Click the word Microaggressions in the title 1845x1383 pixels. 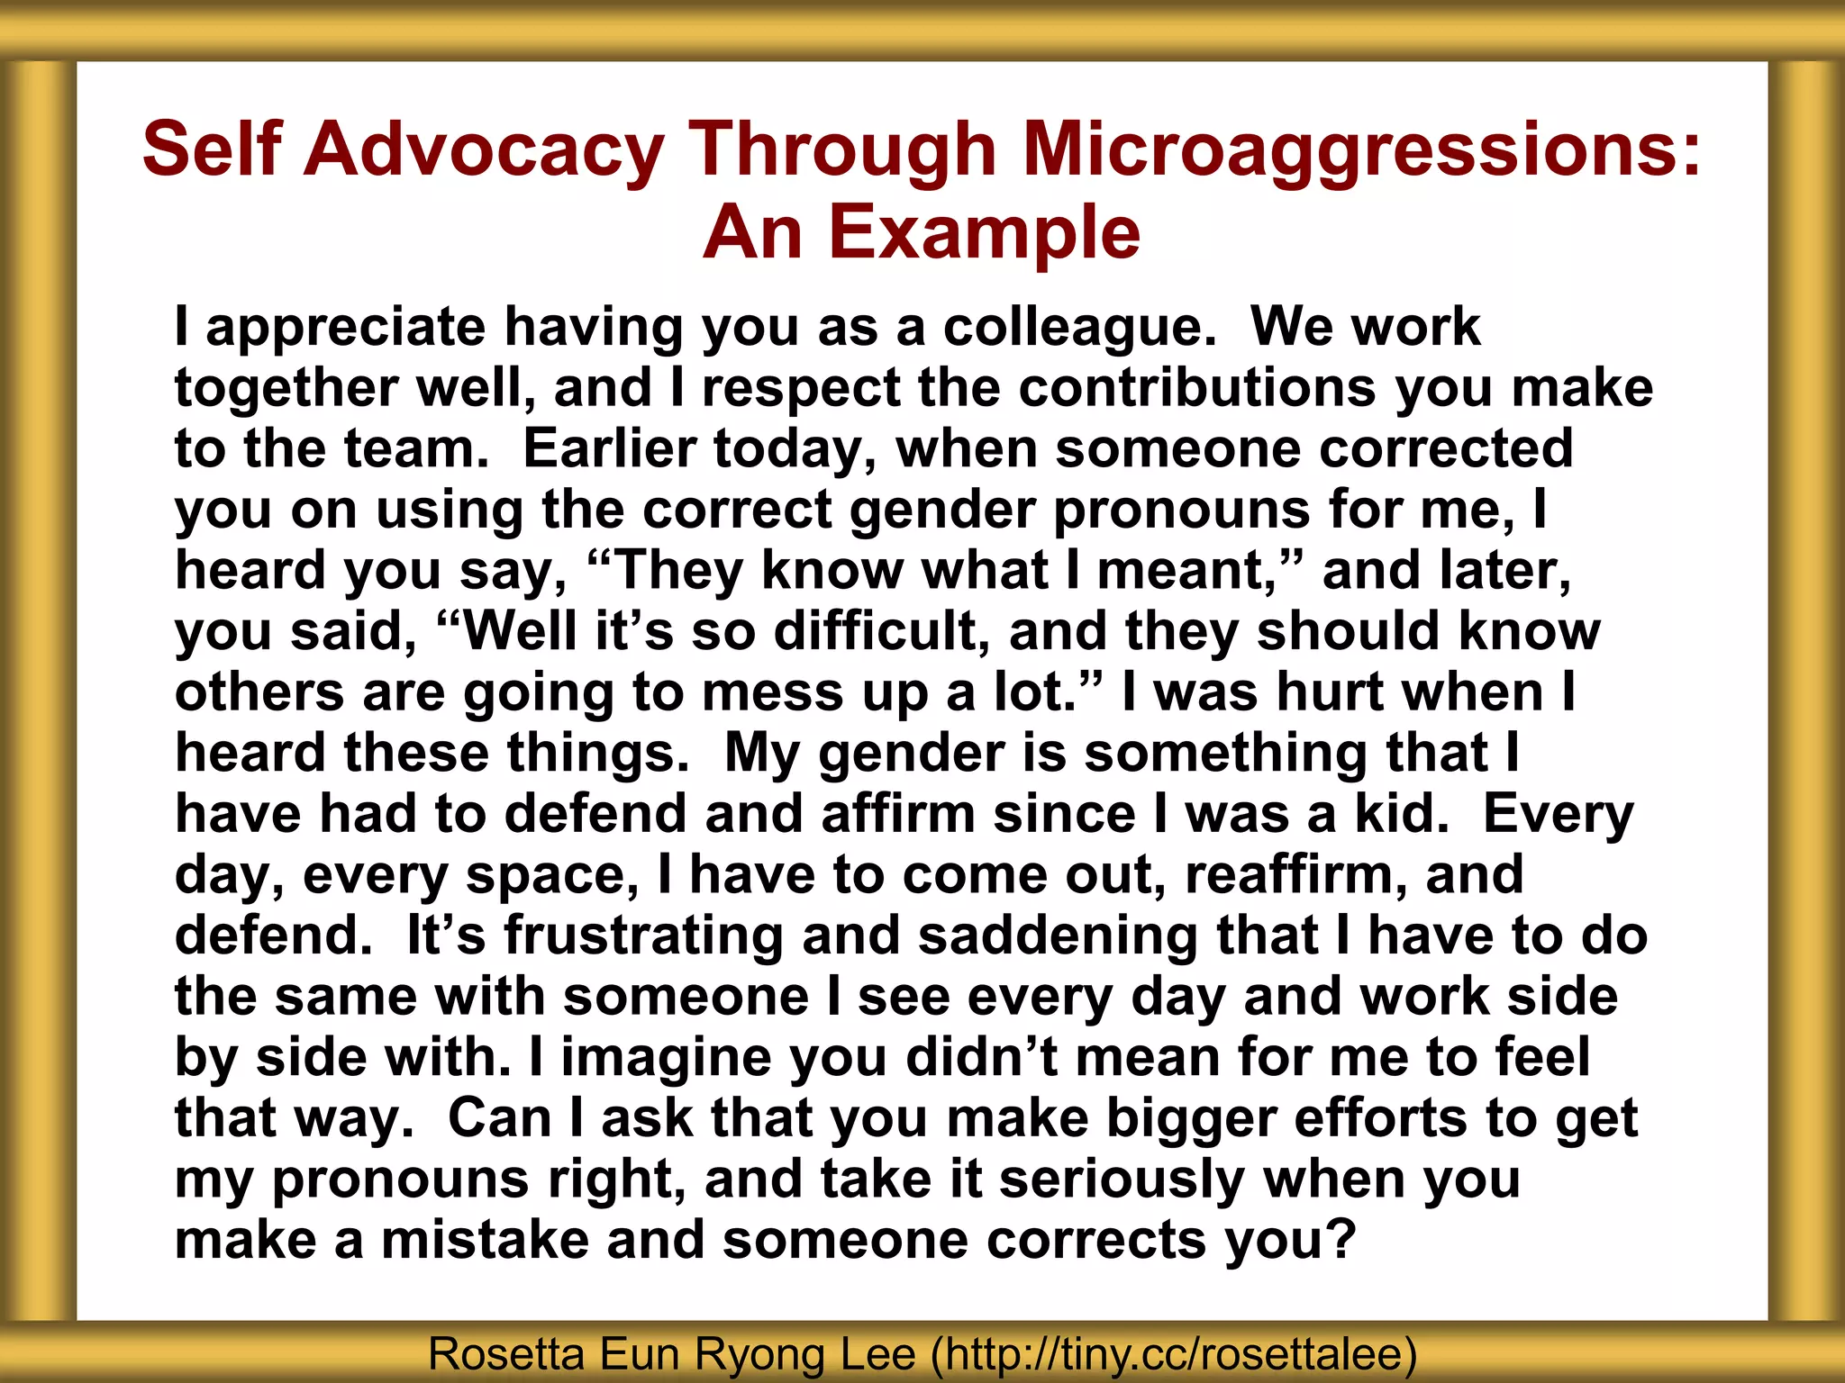(1362, 149)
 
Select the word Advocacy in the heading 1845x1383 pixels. (484, 149)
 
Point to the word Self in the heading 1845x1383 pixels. (212, 149)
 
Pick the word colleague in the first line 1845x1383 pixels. (1079, 327)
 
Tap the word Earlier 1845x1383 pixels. (610, 448)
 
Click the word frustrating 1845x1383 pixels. (643, 935)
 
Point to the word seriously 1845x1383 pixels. (1122, 1179)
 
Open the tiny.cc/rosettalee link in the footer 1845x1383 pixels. (1173, 1353)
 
